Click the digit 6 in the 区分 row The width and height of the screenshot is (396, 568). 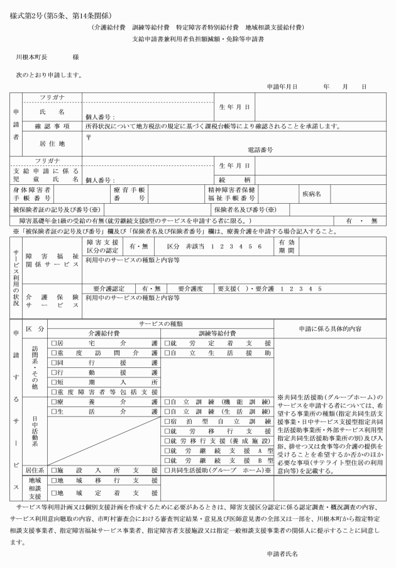click(x=259, y=246)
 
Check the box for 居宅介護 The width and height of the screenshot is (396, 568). click(x=53, y=343)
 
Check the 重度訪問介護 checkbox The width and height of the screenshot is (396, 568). click(x=53, y=354)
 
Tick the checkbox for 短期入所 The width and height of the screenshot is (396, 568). click(x=53, y=382)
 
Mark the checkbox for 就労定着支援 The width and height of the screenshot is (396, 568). click(x=167, y=343)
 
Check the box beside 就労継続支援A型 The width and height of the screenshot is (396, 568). click(x=167, y=450)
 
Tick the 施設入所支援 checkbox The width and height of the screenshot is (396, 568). click(x=53, y=470)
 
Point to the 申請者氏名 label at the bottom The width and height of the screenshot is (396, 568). click(x=282, y=554)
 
